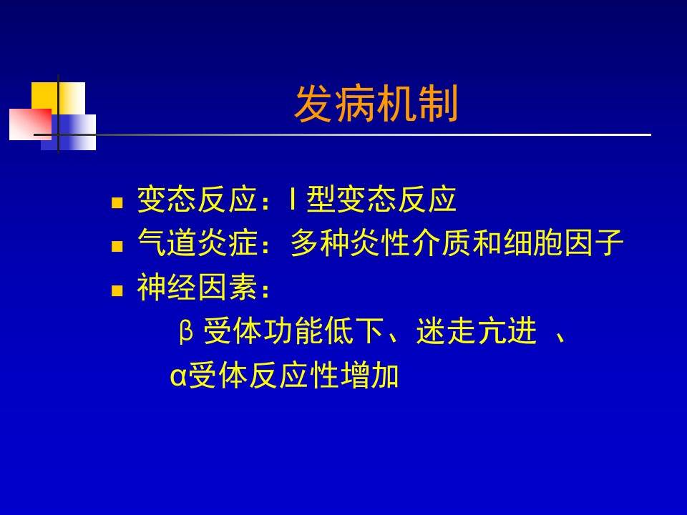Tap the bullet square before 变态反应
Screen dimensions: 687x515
117,202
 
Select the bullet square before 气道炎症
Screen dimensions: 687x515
117,247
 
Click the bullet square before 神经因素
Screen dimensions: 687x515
117,291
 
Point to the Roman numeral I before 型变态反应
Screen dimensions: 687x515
292,199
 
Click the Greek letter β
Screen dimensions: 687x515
186,331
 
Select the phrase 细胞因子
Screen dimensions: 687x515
563,242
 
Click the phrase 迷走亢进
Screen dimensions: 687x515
477,330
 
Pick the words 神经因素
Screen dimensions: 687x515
198,287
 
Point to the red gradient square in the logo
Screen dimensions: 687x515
30,124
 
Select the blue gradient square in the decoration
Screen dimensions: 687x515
69,132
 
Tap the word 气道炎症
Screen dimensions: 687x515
198,242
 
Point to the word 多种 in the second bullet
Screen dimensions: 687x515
319,242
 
